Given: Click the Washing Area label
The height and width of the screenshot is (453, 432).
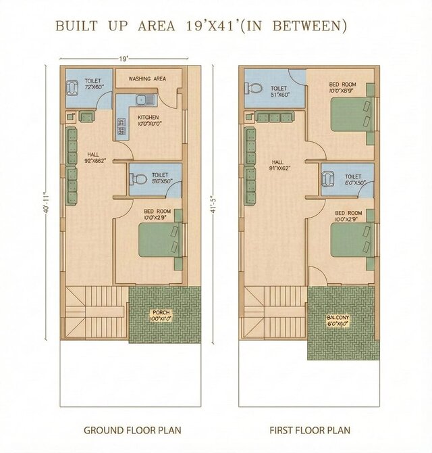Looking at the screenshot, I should coord(147,79).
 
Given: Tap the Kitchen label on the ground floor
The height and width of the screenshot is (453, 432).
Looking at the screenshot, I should coord(148,120).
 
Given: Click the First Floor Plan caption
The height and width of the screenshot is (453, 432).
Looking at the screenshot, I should coord(310,430).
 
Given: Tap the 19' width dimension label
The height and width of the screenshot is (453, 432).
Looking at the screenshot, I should coord(124,59).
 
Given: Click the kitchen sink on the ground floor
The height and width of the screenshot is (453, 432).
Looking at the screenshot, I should coord(145,101).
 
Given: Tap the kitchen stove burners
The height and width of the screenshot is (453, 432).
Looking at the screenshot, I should coord(122,125).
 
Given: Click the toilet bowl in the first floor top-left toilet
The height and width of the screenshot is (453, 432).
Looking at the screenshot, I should coord(252,89).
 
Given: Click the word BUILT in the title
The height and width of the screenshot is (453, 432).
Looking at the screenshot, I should coord(76,26).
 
